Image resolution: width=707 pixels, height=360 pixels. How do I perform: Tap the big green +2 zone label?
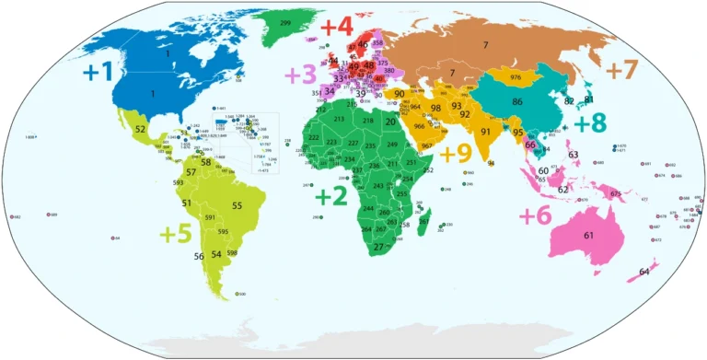coord(331,196)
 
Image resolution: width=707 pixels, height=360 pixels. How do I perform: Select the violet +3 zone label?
coord(300,75)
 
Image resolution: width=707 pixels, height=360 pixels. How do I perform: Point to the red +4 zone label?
coord(337,28)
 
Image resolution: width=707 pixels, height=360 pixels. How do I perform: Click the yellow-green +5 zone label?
coord(176,234)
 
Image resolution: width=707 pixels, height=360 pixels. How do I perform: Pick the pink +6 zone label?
coord(536,215)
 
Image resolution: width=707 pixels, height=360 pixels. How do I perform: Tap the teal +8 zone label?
coord(590,123)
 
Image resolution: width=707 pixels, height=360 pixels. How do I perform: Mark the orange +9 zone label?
coord(457,154)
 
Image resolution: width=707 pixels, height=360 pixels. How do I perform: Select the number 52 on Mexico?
coord(140,130)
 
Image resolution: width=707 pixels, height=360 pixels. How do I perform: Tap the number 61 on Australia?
coord(588,236)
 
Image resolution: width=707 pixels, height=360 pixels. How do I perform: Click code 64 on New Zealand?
coord(643,271)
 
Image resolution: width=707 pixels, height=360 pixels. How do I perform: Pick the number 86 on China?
coord(517,101)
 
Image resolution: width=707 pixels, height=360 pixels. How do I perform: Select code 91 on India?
coord(485,132)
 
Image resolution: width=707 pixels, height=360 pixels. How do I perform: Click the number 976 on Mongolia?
coord(516,77)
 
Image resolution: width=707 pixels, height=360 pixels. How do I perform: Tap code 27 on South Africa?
coord(378,247)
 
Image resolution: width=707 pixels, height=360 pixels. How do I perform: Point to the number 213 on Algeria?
coord(339,120)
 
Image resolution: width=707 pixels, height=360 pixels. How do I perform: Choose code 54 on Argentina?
coord(216,254)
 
